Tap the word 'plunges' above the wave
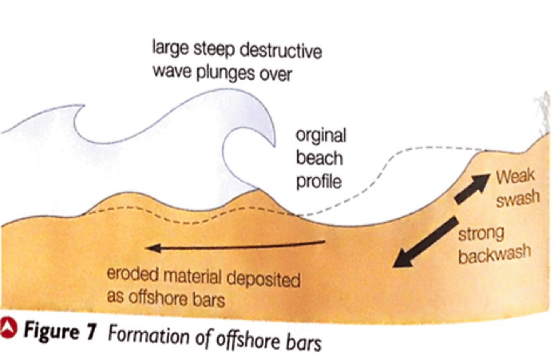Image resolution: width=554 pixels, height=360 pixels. click(225, 73)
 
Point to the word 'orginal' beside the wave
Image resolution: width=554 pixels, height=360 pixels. click(321, 136)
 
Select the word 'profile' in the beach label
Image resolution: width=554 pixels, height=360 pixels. click(319, 182)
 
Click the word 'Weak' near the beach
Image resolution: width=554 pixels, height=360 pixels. click(515, 177)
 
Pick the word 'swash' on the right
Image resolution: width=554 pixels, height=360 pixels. click(517, 198)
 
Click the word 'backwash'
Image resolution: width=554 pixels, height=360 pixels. click(494, 254)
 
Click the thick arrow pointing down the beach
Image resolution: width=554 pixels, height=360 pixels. click(425, 242)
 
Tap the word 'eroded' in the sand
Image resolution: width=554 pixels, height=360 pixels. click(132, 274)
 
